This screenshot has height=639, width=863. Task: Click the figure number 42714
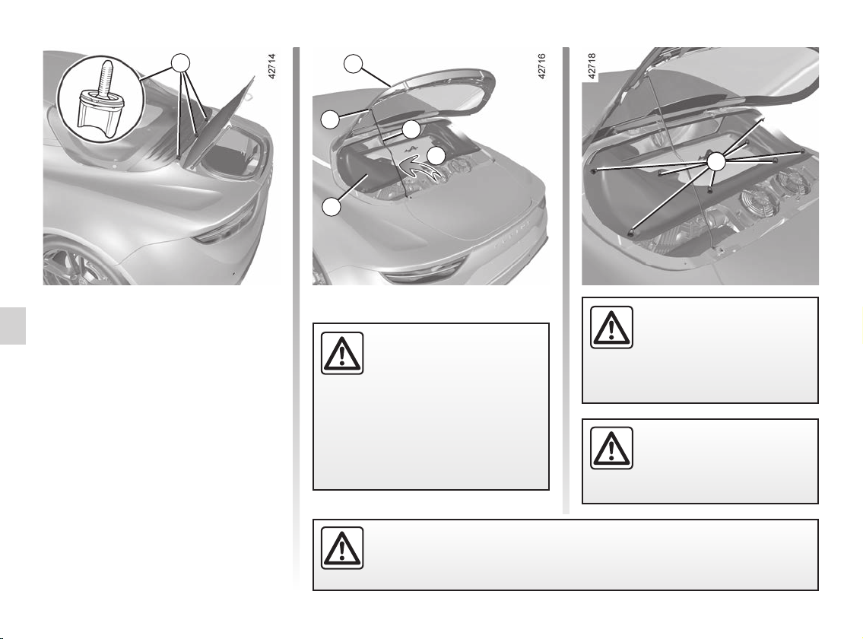pyautogui.click(x=272, y=66)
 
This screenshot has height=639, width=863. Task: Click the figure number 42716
pyautogui.click(x=541, y=66)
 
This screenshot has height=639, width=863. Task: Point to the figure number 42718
pyautogui.click(x=592, y=66)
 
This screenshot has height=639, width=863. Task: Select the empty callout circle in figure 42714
pyautogui.click(x=179, y=64)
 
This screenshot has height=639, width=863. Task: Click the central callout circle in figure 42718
pyautogui.click(x=715, y=162)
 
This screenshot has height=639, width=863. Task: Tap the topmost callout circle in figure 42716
pyautogui.click(x=354, y=64)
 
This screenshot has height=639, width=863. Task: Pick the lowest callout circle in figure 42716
pyautogui.click(x=332, y=207)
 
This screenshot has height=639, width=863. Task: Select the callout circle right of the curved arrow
pyautogui.click(x=436, y=156)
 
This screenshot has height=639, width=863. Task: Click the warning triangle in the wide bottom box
pyautogui.click(x=342, y=548)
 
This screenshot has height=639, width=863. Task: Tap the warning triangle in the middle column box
pyautogui.click(x=342, y=353)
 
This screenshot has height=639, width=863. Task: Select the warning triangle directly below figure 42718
pyautogui.click(x=611, y=327)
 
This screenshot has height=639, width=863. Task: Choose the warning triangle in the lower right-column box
pyautogui.click(x=611, y=448)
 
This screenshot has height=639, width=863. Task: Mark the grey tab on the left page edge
pyautogui.click(x=13, y=325)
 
